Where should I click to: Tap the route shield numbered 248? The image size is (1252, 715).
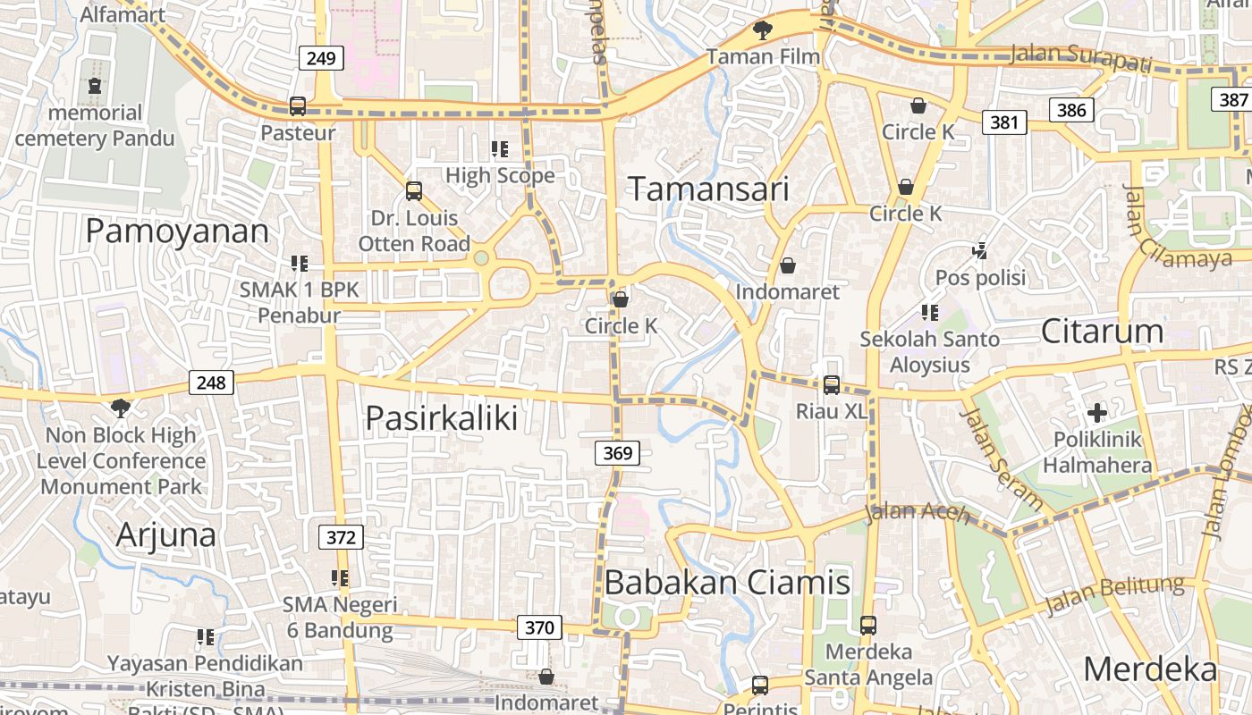(x=211, y=383)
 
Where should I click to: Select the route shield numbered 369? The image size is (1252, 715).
(x=617, y=453)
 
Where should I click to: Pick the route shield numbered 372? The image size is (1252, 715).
(x=341, y=537)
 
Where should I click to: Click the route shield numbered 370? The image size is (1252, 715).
(x=539, y=627)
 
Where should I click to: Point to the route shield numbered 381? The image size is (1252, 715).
(x=1004, y=122)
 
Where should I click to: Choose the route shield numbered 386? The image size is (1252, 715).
(x=1071, y=110)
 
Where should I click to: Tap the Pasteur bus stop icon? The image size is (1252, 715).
(x=298, y=106)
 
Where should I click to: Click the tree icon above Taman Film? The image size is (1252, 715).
(x=762, y=30)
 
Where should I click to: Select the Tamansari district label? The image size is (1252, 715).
(x=708, y=189)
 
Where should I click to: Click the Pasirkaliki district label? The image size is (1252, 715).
(x=442, y=417)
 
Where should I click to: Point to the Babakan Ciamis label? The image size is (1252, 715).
(x=727, y=583)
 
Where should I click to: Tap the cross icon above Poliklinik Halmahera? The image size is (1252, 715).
(x=1097, y=413)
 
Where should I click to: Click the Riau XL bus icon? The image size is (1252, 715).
(x=832, y=385)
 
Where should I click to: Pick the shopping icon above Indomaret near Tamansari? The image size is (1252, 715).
(x=788, y=265)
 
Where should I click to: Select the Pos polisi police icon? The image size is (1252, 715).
(x=980, y=251)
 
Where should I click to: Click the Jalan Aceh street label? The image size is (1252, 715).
(x=918, y=512)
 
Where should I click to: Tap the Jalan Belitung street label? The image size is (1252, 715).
(x=1114, y=596)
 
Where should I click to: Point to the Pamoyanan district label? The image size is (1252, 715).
(x=177, y=231)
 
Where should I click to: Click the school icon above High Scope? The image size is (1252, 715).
(x=500, y=148)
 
